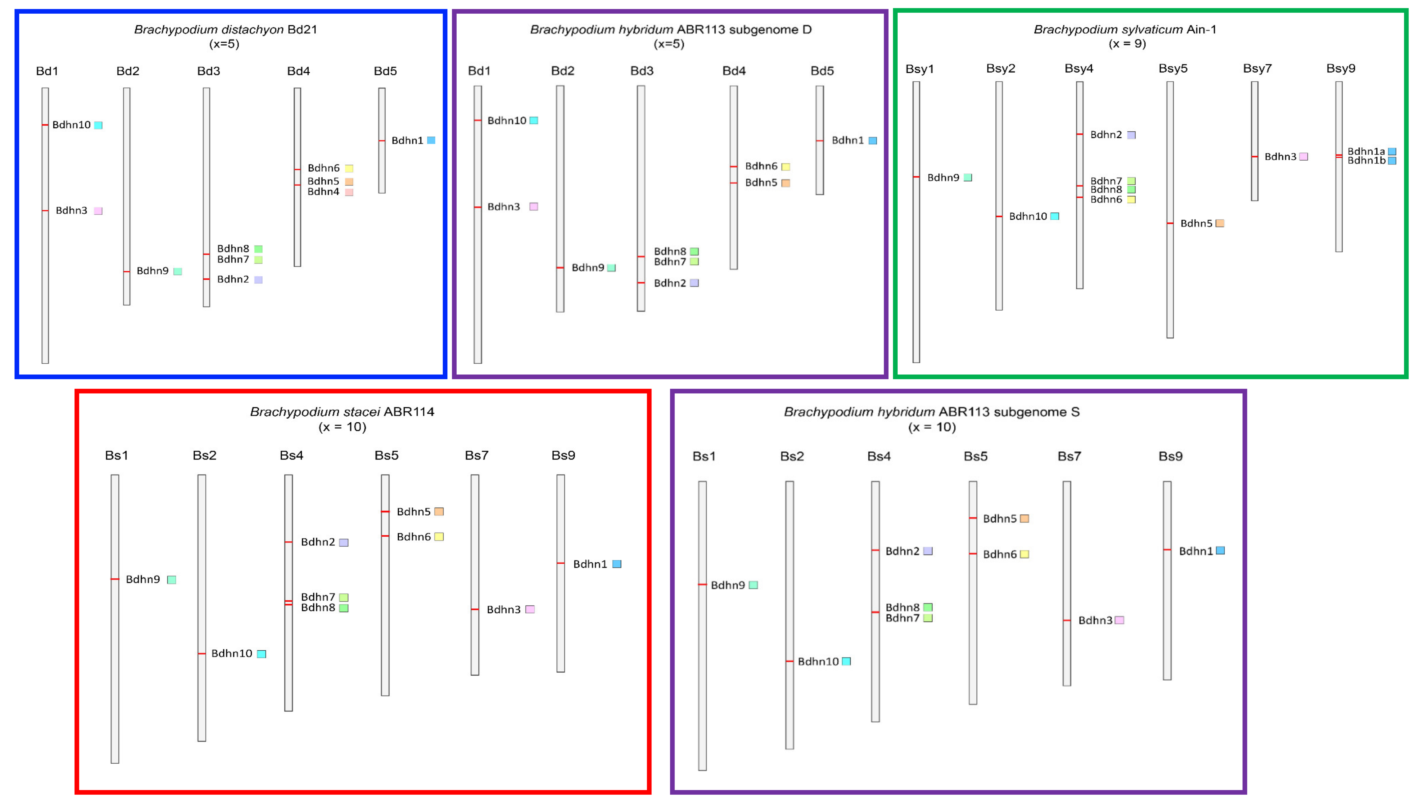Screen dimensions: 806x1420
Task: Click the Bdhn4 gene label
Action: point(323,192)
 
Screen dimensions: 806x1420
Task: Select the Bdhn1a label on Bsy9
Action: point(1366,151)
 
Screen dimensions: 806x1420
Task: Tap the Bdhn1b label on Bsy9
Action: point(1366,161)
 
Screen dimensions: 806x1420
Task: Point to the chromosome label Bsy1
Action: point(919,69)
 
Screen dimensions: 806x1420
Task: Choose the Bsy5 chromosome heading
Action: point(1173,69)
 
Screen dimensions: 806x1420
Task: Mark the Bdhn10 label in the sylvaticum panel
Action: point(1028,216)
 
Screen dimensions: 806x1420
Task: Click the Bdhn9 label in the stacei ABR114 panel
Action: point(143,579)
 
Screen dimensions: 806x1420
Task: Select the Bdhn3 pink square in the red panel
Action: point(530,609)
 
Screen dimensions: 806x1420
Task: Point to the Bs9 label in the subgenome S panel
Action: point(1170,457)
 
